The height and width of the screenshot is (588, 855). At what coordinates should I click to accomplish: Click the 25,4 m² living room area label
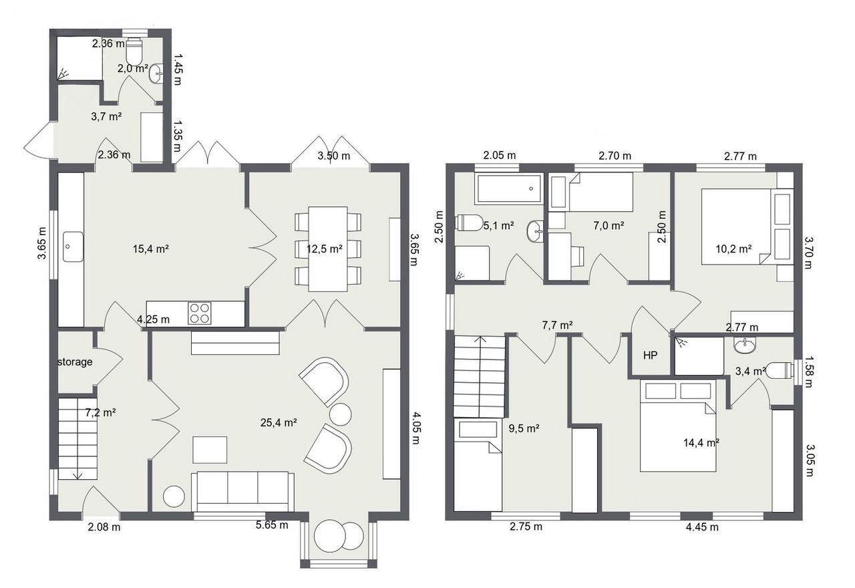pyautogui.click(x=279, y=422)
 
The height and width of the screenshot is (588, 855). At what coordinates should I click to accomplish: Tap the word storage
pyautogui.click(x=75, y=361)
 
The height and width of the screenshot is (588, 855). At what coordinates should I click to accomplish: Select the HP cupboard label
pyautogui.click(x=651, y=355)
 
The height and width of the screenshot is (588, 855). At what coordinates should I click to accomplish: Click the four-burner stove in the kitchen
pyautogui.click(x=199, y=313)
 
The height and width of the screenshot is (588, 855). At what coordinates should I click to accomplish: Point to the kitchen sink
pyautogui.click(x=73, y=247)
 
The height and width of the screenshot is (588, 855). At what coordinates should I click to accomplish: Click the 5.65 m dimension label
pyautogui.click(x=272, y=525)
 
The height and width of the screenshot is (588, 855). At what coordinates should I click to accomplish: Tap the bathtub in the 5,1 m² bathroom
pyautogui.click(x=508, y=188)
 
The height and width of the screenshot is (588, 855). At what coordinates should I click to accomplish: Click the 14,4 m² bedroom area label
pyautogui.click(x=701, y=442)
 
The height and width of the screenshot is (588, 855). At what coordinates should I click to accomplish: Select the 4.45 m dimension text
pyautogui.click(x=702, y=527)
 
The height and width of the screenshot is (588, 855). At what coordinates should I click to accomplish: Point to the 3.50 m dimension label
pyautogui.click(x=334, y=156)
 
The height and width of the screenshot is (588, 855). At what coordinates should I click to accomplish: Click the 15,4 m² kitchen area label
pyautogui.click(x=151, y=249)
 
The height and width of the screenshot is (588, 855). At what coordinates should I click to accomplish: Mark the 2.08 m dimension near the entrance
pyautogui.click(x=104, y=527)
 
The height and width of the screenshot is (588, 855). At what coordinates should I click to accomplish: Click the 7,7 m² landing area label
pyautogui.click(x=557, y=325)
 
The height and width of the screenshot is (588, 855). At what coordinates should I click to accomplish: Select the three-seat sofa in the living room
pyautogui.click(x=242, y=491)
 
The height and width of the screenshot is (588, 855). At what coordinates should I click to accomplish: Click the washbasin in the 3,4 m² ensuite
pyautogui.click(x=744, y=346)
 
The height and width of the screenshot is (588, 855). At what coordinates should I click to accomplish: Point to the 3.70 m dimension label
pyautogui.click(x=808, y=253)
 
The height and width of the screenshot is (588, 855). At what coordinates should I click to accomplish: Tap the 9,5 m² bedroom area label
pyautogui.click(x=524, y=428)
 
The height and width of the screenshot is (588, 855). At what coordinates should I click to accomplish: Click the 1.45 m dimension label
pyautogui.click(x=178, y=69)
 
